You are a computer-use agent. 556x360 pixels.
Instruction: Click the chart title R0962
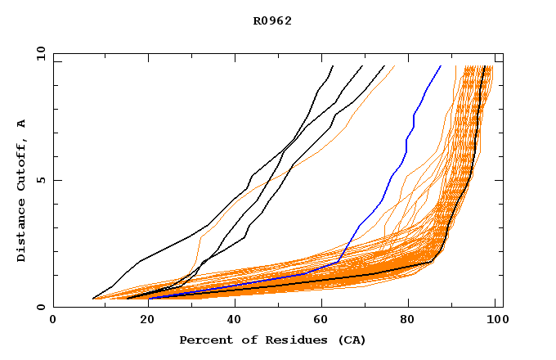point(272,21)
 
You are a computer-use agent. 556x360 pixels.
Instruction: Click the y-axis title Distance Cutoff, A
point(22,190)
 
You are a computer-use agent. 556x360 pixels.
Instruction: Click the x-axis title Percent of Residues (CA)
point(272,340)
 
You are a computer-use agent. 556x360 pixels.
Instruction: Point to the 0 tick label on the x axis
point(53,322)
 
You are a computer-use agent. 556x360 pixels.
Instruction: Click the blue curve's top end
point(440,66)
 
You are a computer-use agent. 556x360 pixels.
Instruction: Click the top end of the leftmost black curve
point(333,66)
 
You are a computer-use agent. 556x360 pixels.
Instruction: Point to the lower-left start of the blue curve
point(149,299)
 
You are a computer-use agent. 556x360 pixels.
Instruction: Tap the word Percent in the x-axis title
point(204,340)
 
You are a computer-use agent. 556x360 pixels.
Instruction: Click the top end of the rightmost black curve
point(485,66)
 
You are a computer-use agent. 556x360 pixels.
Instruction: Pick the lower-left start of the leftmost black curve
point(93,299)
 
